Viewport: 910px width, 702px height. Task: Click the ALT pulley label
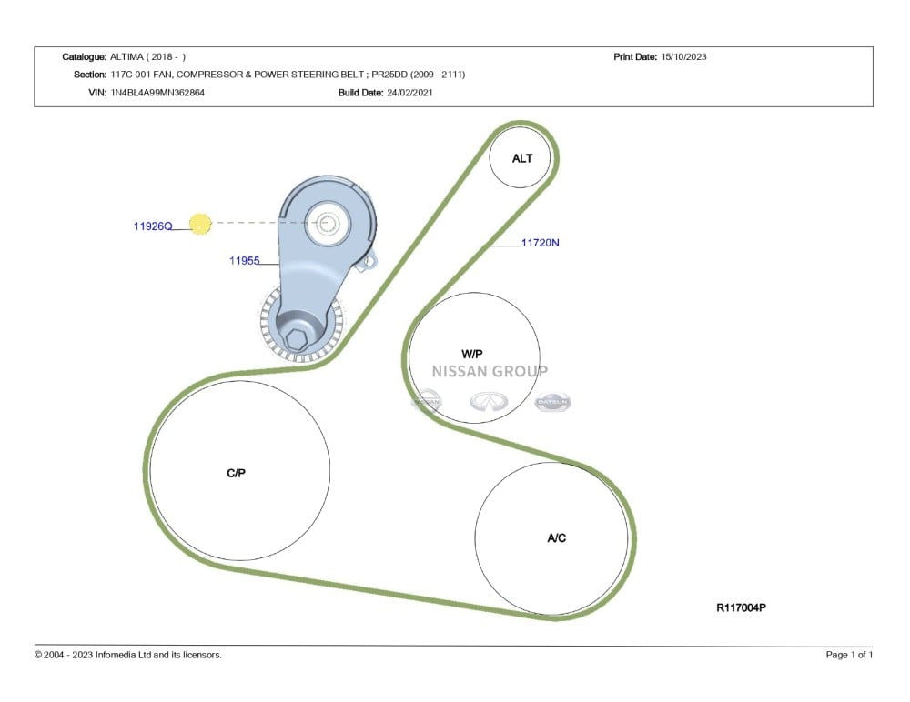pos(522,158)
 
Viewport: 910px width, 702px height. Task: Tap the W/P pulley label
pos(471,354)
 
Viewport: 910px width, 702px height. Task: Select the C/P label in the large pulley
pos(237,474)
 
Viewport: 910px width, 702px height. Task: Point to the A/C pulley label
pos(557,538)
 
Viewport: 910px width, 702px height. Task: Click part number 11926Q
pos(153,226)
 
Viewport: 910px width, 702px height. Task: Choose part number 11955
pos(244,260)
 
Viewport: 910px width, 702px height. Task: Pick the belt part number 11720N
pos(541,243)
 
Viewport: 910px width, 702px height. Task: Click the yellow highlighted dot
pos(200,224)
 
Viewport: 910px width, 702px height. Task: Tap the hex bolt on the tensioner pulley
pos(297,340)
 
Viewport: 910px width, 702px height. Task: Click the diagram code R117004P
pos(741,607)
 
